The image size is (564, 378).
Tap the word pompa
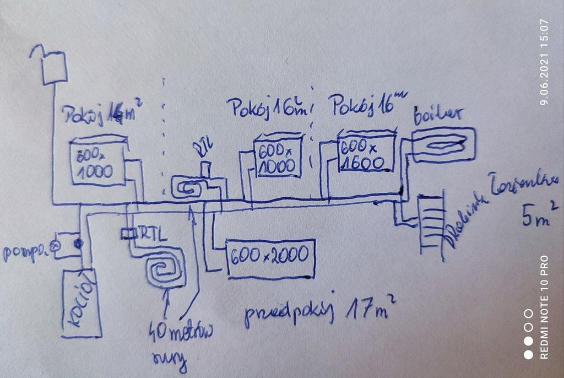(26, 252)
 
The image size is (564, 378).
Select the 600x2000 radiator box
(270, 258)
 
